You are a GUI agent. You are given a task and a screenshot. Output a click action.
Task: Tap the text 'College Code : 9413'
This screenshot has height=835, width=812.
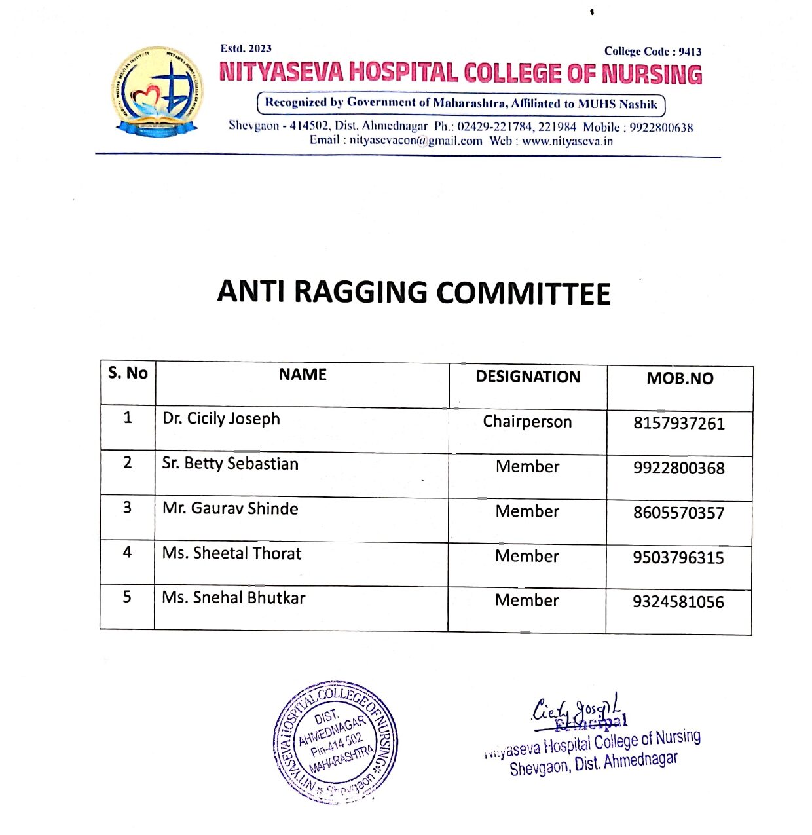[x=652, y=52]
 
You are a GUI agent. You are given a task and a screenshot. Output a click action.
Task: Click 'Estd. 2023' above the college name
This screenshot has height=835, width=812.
[x=246, y=48]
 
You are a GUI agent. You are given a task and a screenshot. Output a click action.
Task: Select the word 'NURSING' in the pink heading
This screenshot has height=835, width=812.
[x=652, y=74]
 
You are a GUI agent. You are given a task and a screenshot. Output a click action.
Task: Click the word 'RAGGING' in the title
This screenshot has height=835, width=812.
[x=361, y=292]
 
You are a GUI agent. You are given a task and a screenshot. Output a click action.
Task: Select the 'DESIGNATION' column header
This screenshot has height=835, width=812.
[x=528, y=377]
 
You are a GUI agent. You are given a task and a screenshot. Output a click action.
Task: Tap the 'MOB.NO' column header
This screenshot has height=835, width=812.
[x=680, y=379]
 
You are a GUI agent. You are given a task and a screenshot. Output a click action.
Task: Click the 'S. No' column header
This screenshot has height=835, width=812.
[x=128, y=373]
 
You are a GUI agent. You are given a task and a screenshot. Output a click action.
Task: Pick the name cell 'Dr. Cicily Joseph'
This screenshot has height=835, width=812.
[x=221, y=418]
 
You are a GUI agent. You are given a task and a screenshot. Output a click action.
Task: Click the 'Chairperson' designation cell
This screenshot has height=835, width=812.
[x=527, y=422]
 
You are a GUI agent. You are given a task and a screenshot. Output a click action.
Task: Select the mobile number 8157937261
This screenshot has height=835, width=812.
[x=678, y=424]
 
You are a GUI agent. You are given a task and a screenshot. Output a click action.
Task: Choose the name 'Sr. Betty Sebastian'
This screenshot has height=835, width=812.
[x=230, y=464]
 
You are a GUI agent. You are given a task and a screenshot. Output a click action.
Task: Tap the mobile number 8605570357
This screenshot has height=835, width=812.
[x=678, y=513]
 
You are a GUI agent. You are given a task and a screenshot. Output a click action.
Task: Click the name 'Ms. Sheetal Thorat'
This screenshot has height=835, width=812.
[x=232, y=553]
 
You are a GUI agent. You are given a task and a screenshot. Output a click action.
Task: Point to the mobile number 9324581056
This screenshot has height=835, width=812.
[x=678, y=602]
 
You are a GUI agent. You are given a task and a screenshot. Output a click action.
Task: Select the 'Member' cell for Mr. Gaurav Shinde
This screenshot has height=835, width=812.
[x=527, y=511]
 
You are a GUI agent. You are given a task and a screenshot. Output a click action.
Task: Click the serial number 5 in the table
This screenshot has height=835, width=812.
[x=127, y=597]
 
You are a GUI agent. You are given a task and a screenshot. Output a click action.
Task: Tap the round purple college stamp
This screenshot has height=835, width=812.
[x=335, y=742]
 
